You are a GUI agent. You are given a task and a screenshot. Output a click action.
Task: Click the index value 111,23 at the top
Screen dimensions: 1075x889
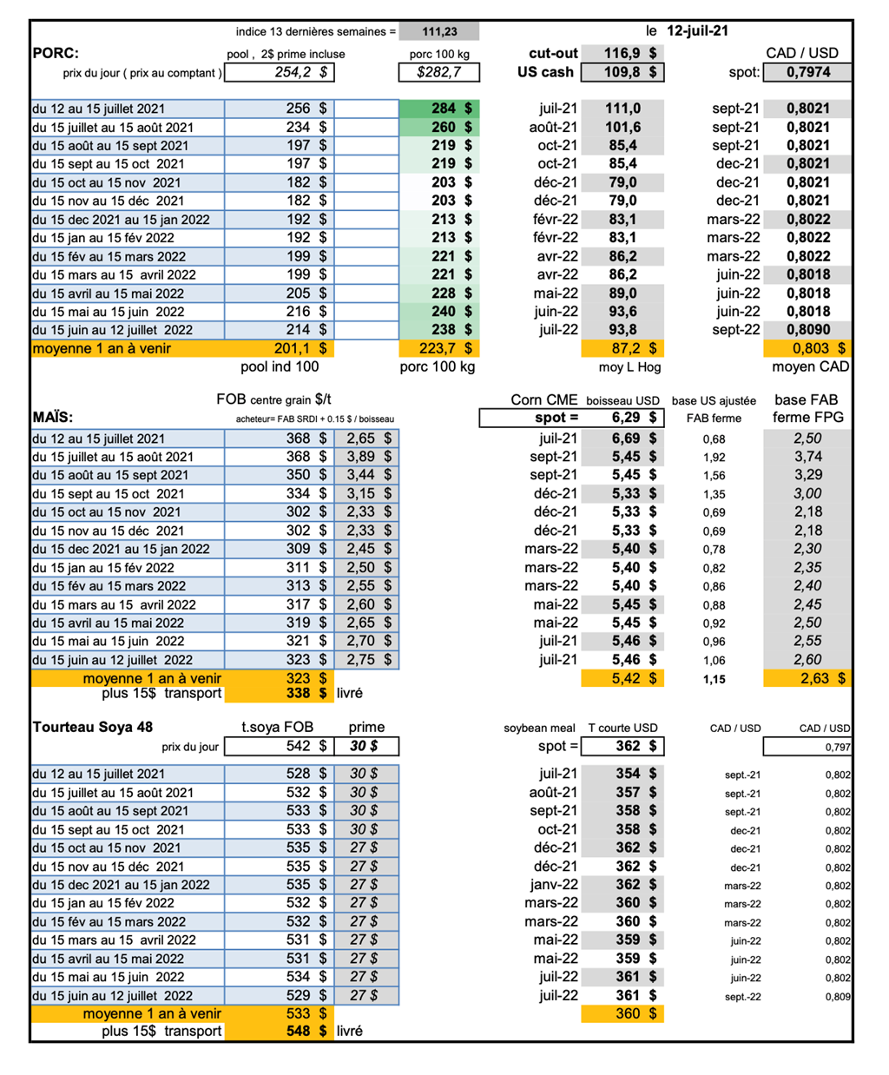[x=439, y=32]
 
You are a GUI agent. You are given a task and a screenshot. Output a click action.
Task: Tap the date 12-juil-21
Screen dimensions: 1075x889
[x=697, y=31]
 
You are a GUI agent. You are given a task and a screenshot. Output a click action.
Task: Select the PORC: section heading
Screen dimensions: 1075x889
[x=56, y=53]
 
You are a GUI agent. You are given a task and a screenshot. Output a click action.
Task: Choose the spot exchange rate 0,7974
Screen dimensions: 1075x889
[x=807, y=72]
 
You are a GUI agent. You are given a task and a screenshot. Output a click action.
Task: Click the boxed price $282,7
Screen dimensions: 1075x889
[x=438, y=72]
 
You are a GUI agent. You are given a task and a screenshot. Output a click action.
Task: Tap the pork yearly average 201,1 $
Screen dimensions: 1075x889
[x=300, y=348]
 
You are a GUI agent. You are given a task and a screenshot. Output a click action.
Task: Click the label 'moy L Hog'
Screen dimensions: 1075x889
[x=629, y=367]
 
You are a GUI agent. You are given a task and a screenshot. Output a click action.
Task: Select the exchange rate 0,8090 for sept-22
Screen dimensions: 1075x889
[x=807, y=330]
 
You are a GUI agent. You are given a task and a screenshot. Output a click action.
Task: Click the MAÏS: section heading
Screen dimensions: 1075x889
[x=53, y=417]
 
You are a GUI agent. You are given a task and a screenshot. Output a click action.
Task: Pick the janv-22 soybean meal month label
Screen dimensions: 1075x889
[x=554, y=884]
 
